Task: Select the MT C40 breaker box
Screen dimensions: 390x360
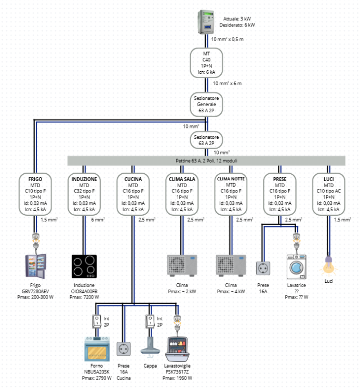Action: (207, 63)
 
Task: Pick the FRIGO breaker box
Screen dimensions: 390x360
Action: (35, 194)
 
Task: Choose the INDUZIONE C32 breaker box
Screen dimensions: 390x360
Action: (84, 194)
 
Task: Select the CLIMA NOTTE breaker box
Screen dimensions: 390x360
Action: (231, 194)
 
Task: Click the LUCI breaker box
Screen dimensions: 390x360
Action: (328, 194)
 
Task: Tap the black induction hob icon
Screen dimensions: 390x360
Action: (84, 267)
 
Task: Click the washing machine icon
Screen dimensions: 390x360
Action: (296, 267)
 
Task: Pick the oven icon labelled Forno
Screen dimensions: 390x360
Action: (97, 348)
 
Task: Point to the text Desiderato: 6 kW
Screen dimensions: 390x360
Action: (237, 24)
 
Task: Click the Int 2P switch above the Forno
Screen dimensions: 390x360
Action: (97, 321)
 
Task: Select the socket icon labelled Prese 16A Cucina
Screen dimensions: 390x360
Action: (124, 348)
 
